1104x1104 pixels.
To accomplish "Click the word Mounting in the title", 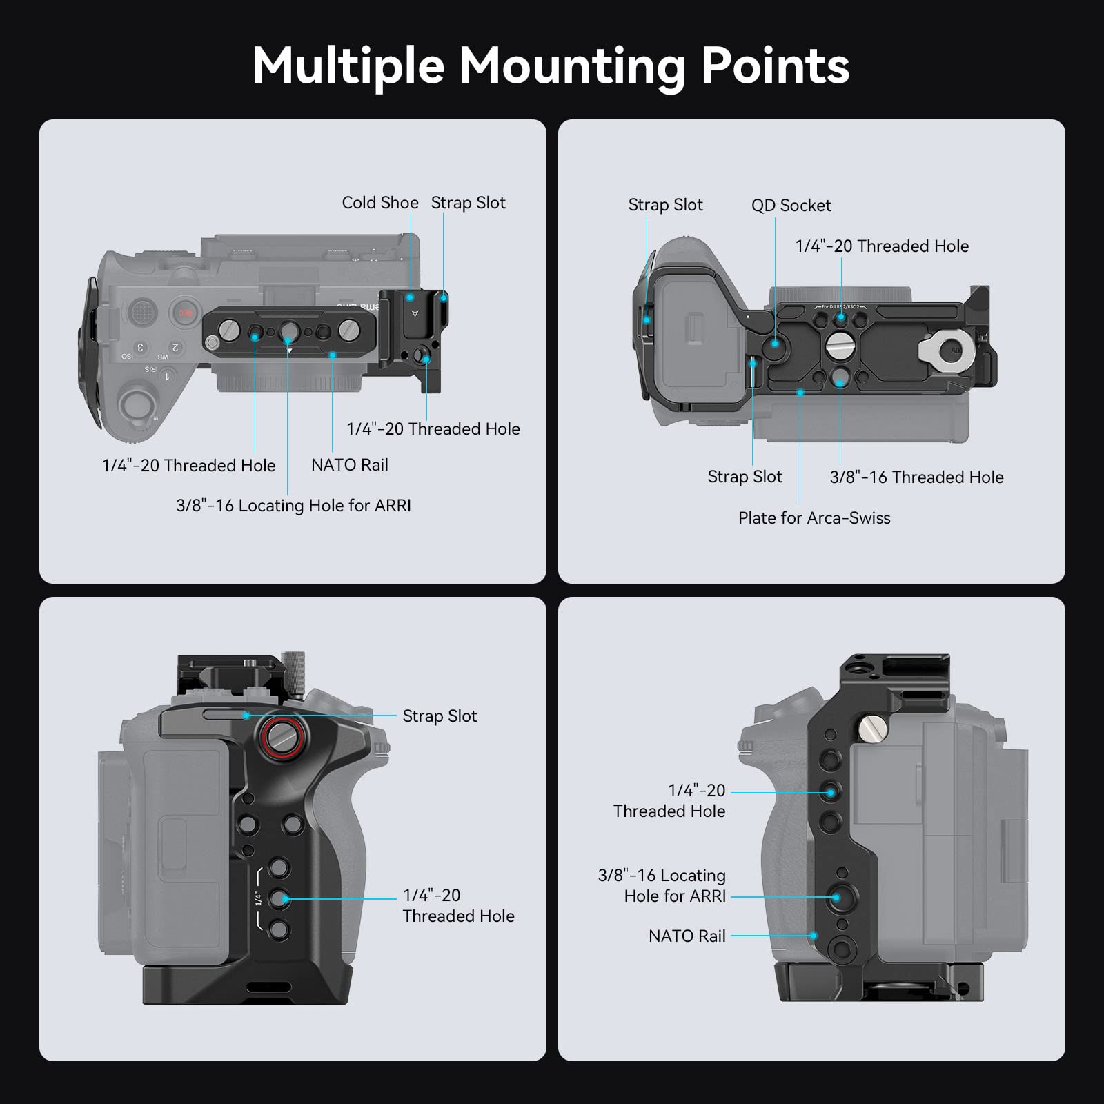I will [x=572, y=67].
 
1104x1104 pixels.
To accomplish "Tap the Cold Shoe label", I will [x=380, y=203].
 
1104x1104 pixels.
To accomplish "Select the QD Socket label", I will [x=791, y=206].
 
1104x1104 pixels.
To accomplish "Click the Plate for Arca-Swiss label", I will [x=814, y=518].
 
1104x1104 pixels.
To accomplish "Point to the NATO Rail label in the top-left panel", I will [x=350, y=465].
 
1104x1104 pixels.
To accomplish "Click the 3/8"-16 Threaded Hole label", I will [x=916, y=477].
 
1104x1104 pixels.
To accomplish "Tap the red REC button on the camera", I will [x=185, y=313].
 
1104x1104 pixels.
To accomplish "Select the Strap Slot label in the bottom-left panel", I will [x=440, y=716].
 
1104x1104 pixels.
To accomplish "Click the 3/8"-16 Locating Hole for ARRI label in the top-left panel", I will [x=293, y=506].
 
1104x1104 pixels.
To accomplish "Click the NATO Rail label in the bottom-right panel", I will [x=687, y=936].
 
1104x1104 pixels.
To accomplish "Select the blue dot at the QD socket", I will [x=776, y=343].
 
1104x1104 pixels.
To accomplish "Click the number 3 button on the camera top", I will [x=140, y=347].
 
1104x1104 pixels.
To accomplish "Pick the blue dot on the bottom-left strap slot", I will [x=246, y=716].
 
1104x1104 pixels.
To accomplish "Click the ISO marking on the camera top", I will [x=127, y=357].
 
